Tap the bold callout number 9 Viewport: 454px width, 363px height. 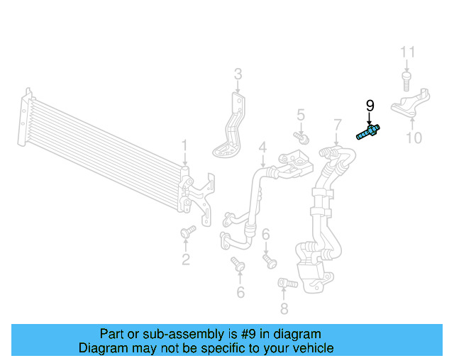pos(370,106)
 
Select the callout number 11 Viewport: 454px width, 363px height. pos(406,52)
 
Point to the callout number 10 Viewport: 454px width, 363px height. pos(413,137)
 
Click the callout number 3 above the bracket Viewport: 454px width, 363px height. pos(238,74)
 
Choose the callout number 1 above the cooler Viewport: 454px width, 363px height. pos(184,147)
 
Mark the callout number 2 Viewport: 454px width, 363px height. pos(186,259)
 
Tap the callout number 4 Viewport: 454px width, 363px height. pos(262,148)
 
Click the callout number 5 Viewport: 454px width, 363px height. pos(300,115)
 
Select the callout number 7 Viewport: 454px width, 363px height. pos(337,127)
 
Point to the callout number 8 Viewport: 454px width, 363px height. pos(284,308)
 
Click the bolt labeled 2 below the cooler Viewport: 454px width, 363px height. pos(188,232)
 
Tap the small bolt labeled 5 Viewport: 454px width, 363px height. pos(300,135)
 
